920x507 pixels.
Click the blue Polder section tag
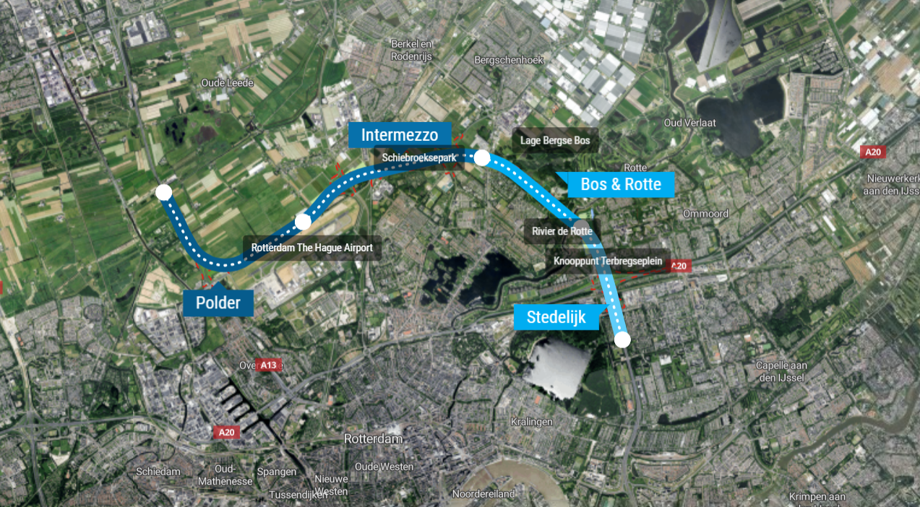click(218, 302)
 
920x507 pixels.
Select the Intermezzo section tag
click(400, 135)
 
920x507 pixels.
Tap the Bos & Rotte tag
click(620, 184)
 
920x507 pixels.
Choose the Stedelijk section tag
click(556, 316)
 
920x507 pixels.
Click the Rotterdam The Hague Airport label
click(311, 248)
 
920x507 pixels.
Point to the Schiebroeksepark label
click(420, 157)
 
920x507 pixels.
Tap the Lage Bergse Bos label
click(555, 140)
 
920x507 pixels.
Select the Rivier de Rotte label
click(562, 231)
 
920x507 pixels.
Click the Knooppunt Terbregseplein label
click(608, 261)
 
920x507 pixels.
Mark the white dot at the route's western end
click(164, 192)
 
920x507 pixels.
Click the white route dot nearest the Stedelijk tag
click(622, 339)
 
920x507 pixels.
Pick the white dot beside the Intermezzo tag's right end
click(482, 158)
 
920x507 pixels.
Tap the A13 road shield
click(268, 365)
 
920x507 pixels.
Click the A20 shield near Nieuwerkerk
click(873, 152)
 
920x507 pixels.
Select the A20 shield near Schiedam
click(227, 432)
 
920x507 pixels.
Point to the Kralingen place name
click(531, 421)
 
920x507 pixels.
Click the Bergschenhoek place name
click(504, 60)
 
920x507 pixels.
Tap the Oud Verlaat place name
click(689, 123)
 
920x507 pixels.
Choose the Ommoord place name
click(705, 214)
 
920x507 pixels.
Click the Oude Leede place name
click(227, 83)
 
